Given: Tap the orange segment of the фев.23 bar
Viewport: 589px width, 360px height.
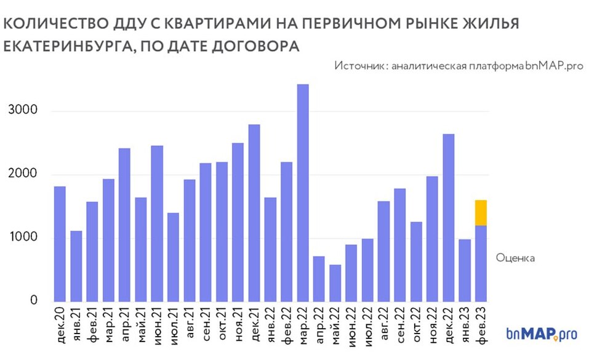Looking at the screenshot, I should pyautogui.click(x=481, y=213).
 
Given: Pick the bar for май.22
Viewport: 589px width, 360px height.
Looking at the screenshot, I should pyautogui.click(x=335, y=283).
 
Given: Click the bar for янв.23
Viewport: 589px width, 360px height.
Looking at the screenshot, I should pyautogui.click(x=465, y=270).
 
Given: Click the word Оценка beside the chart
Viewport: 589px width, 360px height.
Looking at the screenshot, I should pyautogui.click(x=515, y=258).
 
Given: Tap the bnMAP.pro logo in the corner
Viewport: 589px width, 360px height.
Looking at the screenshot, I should pyautogui.click(x=542, y=334).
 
